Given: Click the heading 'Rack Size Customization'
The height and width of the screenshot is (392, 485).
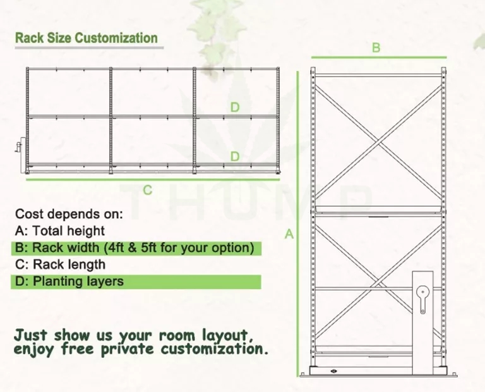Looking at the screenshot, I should pos(87,37).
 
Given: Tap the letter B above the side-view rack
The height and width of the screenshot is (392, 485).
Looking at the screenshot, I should pos(376,48).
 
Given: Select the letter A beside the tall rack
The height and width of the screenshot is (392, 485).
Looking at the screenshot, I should pos(290,234).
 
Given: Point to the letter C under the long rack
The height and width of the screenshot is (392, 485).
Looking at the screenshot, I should pos(147,190).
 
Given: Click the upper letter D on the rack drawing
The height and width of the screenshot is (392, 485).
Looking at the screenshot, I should pos(235,107).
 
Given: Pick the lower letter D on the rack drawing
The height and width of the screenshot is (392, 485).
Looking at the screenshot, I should pos(235,156).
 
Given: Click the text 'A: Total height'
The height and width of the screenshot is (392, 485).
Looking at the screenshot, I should pos(60,231).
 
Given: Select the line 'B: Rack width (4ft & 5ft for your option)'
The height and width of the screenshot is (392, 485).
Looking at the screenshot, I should pos(135,247).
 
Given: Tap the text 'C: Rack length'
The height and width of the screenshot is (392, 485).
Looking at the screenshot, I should pos(60,264).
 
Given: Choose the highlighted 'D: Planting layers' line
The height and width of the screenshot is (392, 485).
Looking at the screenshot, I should pos(69,281).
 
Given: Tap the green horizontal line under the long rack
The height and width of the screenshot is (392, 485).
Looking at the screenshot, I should pos(152,180).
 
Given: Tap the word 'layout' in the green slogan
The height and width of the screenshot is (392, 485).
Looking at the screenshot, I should pos(222,333).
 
